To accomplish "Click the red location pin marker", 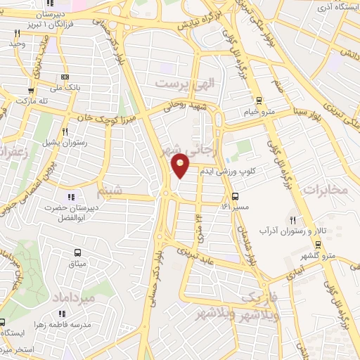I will [181, 165].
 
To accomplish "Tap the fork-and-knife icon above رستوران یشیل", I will [65, 131].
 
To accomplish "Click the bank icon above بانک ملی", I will [65, 77].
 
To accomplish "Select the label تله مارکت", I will [32, 101].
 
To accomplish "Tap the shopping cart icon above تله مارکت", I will [31, 90].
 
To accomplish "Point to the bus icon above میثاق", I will [77, 252].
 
